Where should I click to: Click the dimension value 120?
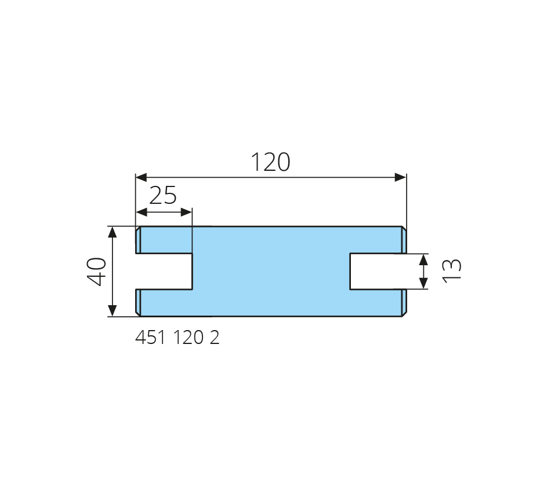[x=270, y=162]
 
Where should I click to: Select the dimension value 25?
[x=163, y=196]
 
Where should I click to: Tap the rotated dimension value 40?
[x=96, y=272]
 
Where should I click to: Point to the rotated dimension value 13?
[x=452, y=270]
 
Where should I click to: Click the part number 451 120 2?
[x=177, y=338]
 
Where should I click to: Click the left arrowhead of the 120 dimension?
[x=142, y=177]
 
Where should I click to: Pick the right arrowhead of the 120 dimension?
[x=401, y=177]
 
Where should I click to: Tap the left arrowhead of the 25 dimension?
[x=142, y=212]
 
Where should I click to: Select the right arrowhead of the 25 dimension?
[x=187, y=212]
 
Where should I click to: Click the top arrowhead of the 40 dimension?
[x=112, y=232]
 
